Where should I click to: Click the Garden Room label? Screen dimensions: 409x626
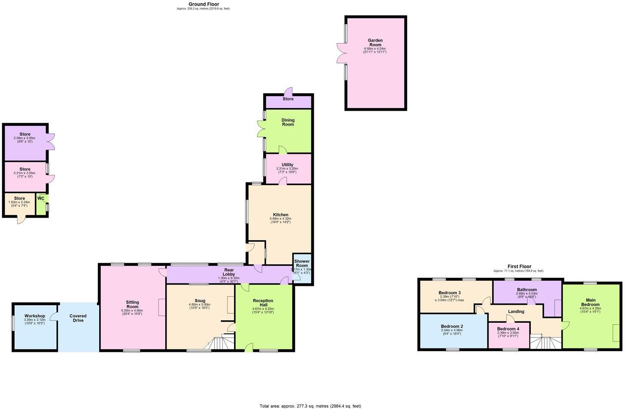click(x=375, y=43)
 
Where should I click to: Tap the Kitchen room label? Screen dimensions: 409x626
click(x=281, y=215)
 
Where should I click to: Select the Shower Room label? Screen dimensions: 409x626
click(x=302, y=263)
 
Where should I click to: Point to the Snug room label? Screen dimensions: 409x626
click(x=200, y=301)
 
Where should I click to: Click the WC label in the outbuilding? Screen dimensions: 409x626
click(x=41, y=198)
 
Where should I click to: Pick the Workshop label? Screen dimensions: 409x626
click(x=35, y=316)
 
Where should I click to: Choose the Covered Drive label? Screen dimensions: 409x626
click(x=78, y=318)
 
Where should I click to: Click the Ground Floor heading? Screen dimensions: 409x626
click(x=204, y=4)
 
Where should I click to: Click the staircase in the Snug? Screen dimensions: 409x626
click(x=224, y=342)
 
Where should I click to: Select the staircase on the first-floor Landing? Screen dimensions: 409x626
click(x=545, y=342)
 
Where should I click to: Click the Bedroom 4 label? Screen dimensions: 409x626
click(x=508, y=329)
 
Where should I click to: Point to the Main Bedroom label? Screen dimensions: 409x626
click(x=590, y=303)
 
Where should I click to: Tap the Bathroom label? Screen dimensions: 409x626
click(x=526, y=290)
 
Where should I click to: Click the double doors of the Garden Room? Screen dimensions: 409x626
click(x=341, y=53)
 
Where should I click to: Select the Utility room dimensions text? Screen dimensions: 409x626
click(x=287, y=170)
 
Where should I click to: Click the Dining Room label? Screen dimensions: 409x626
click(x=288, y=122)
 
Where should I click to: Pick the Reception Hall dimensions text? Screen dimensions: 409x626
click(x=263, y=309)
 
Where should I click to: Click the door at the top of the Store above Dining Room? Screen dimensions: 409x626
click(x=290, y=91)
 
